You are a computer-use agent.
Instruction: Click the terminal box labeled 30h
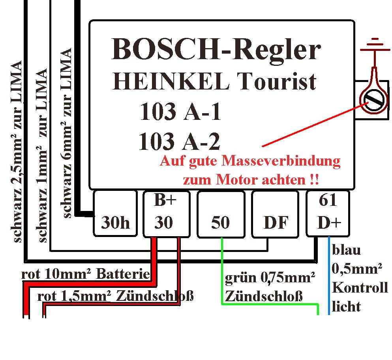tap(115, 213)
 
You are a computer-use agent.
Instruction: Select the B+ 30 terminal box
tap(167, 214)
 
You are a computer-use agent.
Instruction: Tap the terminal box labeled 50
tap(221, 214)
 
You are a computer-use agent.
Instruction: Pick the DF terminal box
tap(276, 214)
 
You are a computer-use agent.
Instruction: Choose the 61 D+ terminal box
tap(328, 213)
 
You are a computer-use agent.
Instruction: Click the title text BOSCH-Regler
tap(216, 49)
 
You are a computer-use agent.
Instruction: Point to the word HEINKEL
tap(171, 81)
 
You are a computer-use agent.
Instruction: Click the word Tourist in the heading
tap(276, 81)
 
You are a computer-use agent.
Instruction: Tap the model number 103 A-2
tap(179, 141)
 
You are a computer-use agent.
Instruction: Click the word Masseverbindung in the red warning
tap(281, 161)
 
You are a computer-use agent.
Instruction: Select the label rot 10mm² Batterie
tap(86, 274)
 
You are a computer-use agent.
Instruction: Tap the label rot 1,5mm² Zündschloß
tap(115, 297)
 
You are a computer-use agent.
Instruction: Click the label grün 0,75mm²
tap(270, 278)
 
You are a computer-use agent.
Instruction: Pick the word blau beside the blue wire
tap(346, 250)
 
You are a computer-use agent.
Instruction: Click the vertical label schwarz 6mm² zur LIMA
tap(66, 133)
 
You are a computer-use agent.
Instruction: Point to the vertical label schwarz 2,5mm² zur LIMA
tap(16, 151)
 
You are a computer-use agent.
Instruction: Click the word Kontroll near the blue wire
tap(360, 287)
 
